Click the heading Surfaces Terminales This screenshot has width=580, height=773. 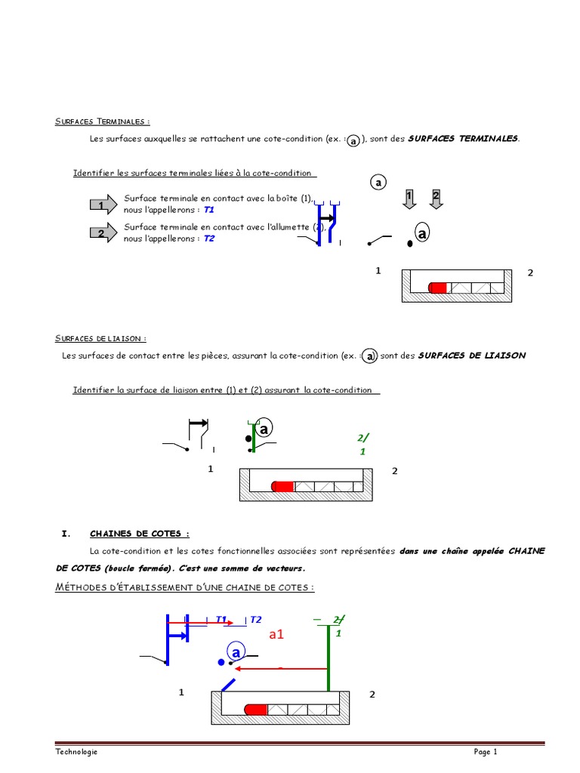pos(102,122)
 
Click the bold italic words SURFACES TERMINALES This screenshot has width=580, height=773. pos(463,139)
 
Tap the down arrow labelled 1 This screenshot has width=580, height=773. pos(409,199)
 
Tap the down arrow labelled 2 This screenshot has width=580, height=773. pos(436,199)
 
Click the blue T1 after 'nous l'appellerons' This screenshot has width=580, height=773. pos(209,210)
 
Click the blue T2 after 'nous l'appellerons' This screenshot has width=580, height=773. pos(209,239)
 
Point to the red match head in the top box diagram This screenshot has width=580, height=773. pos(437,288)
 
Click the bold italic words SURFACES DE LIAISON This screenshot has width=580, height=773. pos(471,355)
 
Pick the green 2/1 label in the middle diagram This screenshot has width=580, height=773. pos(362,445)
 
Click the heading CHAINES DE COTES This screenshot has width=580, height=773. pos(140,534)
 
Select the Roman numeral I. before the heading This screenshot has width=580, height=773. pos(65,534)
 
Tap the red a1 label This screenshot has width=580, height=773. pos(276,635)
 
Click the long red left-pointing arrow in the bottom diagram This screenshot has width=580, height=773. pos(279,668)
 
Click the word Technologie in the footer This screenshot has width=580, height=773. pos(76,752)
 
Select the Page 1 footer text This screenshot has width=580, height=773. pos(486,752)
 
